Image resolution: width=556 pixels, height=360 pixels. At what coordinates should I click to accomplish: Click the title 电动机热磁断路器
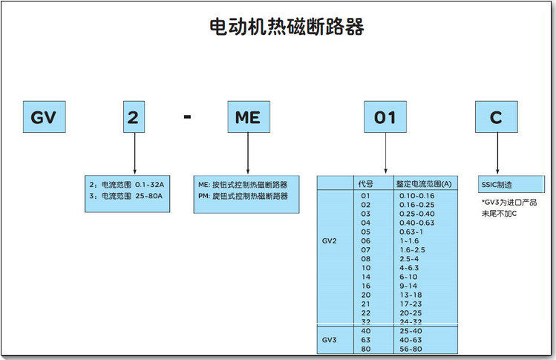pyautogui.click(x=287, y=28)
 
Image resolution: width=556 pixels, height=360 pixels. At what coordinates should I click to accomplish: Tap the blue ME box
pyautogui.click(x=247, y=117)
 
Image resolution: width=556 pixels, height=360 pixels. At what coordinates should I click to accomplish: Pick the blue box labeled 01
pyautogui.click(x=385, y=117)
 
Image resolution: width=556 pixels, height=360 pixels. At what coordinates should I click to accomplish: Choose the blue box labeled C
pyautogui.click(x=496, y=117)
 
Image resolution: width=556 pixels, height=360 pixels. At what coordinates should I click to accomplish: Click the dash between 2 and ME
pyautogui.click(x=187, y=117)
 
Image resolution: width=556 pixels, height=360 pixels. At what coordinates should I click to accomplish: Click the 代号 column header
pyautogui.click(x=365, y=183)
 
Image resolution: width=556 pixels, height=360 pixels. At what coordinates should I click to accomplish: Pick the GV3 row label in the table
pyautogui.click(x=330, y=339)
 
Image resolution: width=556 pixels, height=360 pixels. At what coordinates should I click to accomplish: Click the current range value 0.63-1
pyautogui.click(x=410, y=231)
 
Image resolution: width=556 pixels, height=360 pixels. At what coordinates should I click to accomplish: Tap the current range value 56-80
pyautogui.click(x=411, y=348)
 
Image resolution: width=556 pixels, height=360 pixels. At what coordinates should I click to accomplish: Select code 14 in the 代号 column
pyautogui.click(x=365, y=275)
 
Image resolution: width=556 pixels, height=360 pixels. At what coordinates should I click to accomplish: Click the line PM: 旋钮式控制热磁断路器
pyautogui.click(x=242, y=196)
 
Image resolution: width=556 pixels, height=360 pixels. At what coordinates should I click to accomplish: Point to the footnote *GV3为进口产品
pyautogui.click(x=509, y=203)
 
